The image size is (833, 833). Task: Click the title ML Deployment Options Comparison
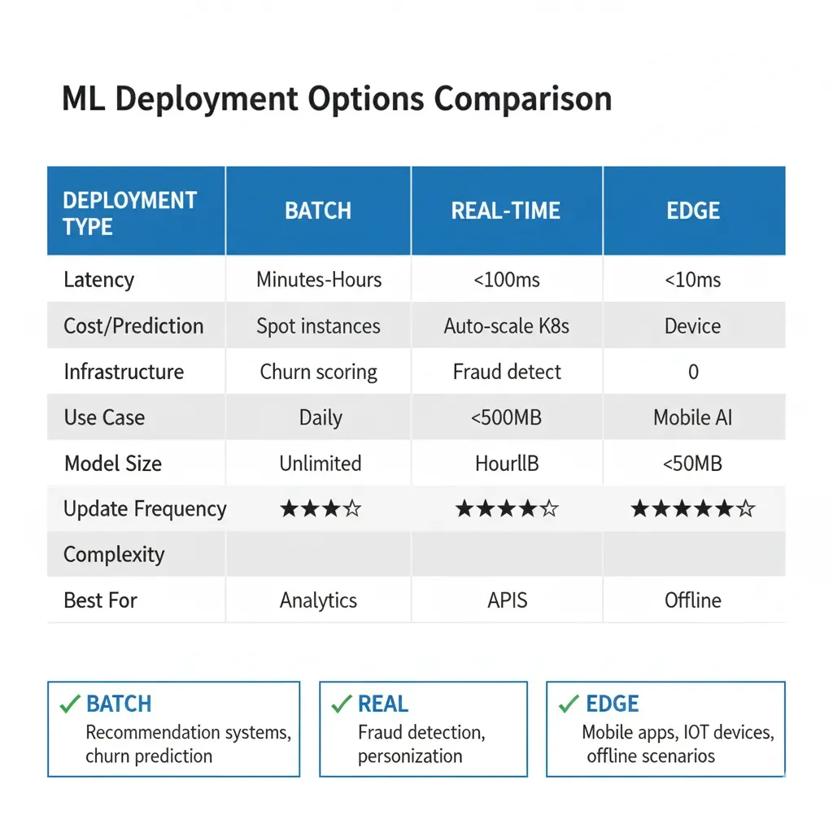[336, 99]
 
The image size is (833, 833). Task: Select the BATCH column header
[318, 211]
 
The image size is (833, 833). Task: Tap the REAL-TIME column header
[506, 211]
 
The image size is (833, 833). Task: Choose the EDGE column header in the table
[693, 211]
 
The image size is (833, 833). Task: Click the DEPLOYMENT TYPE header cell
[129, 212]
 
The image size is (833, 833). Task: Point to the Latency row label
[98, 280]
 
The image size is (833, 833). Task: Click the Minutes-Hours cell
[319, 280]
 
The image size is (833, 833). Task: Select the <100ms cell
[506, 280]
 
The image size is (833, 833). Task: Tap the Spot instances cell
[318, 326]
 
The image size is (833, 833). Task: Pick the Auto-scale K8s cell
[506, 326]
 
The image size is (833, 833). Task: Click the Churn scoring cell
[318, 373]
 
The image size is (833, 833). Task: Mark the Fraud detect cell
[507, 373]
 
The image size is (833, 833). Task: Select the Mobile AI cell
[693, 418]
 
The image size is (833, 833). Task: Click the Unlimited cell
[320, 464]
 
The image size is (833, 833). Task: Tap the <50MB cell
[693, 464]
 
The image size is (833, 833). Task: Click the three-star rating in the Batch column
[320, 509]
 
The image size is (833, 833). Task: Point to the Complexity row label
[114, 555]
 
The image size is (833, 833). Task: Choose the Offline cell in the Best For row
[693, 600]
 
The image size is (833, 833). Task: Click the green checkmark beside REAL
[341, 704]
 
